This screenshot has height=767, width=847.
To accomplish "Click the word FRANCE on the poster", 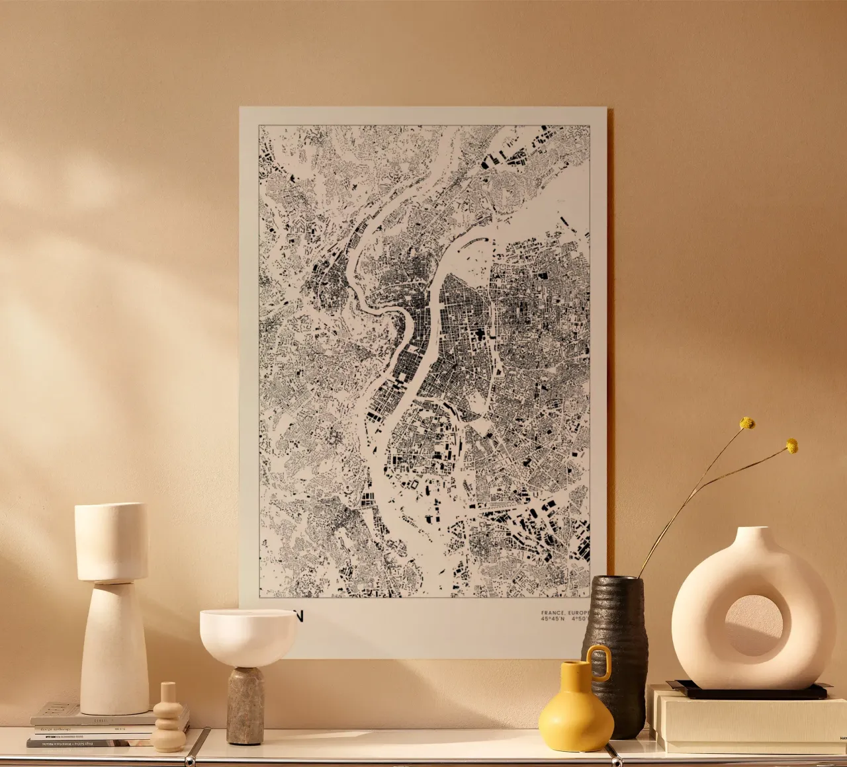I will (x=553, y=613).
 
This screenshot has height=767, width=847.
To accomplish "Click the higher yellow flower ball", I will (x=747, y=423).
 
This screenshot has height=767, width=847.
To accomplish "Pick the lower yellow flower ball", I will (x=791, y=446).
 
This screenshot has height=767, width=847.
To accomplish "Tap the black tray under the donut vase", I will (x=748, y=692).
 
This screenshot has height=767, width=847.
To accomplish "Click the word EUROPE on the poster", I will (x=579, y=613).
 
